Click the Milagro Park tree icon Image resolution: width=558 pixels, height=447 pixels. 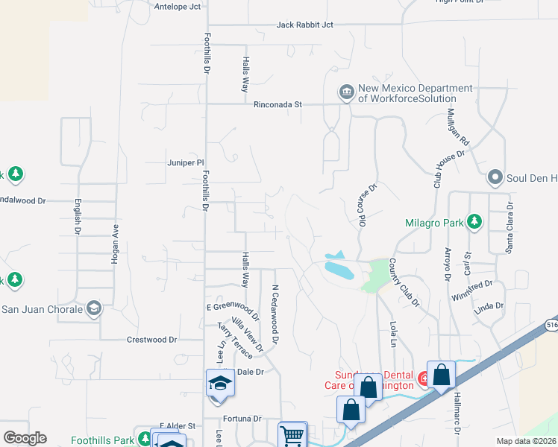click(x=474, y=221)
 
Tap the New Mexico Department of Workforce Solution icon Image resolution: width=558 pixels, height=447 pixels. click(x=345, y=92)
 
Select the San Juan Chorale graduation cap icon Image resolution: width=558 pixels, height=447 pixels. click(x=93, y=308)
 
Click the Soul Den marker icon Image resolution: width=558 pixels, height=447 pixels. click(x=494, y=178)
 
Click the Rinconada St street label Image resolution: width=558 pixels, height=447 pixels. click(x=277, y=105)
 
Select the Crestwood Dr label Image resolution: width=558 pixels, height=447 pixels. click(x=152, y=339)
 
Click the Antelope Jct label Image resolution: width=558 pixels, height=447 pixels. click(x=178, y=7)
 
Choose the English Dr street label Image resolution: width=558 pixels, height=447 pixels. click(x=77, y=216)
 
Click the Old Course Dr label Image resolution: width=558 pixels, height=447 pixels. click(x=364, y=203)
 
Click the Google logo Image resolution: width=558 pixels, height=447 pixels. click(x=25, y=438)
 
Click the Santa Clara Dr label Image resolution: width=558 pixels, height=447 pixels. click(x=510, y=227)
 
